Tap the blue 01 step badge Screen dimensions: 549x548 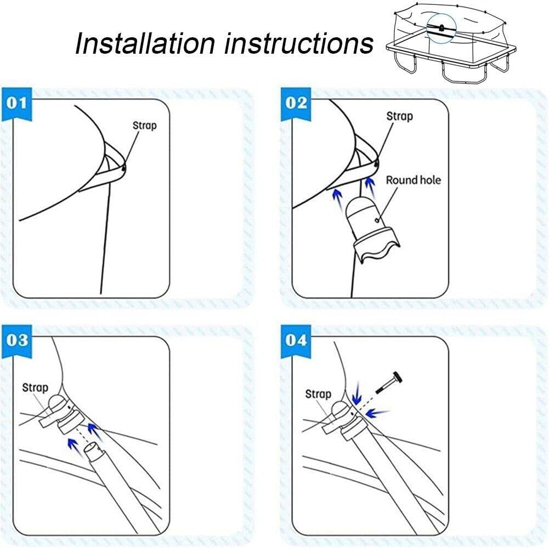[x=17, y=104]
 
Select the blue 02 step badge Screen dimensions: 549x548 [x=296, y=104]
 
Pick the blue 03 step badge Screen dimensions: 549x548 [x=17, y=341]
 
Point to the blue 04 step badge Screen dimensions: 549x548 [x=296, y=341]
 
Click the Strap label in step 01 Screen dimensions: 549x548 [x=145, y=125]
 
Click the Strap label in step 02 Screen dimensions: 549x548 [x=399, y=116]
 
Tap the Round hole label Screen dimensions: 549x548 [x=413, y=180]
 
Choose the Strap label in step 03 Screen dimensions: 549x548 [x=35, y=388]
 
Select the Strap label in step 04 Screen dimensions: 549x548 [x=318, y=394]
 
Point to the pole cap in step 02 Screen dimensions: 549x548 [x=371, y=227]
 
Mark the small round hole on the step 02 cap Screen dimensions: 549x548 [x=377, y=220]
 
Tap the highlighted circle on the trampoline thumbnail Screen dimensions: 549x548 [x=441, y=28]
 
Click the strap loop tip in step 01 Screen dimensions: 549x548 [x=123, y=168]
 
